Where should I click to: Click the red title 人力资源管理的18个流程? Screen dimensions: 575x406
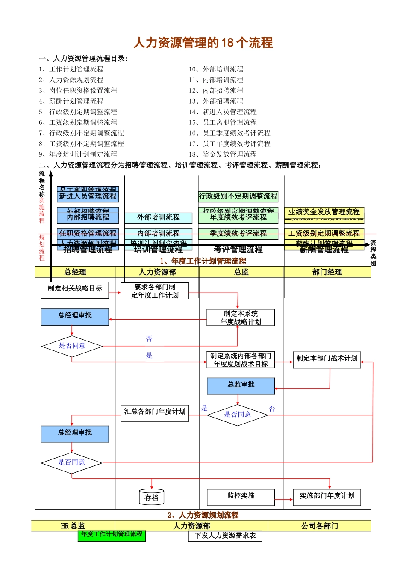pyautogui.click(x=203, y=43)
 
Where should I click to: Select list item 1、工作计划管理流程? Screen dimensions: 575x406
pyautogui.click(x=71, y=69)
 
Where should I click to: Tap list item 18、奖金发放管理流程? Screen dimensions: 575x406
pyautogui.click(x=223, y=154)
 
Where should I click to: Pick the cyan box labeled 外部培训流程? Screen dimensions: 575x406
pyautogui.click(x=158, y=218)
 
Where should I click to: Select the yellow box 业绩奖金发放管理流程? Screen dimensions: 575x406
pyautogui.click(x=324, y=212)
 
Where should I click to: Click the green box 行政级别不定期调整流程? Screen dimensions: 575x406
pyautogui.click(x=238, y=196)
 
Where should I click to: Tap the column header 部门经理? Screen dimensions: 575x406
pyautogui.click(x=327, y=272)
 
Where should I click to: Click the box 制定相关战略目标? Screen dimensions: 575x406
pyautogui.click(x=75, y=289)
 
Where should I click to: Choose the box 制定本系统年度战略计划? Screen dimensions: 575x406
pyautogui.click(x=241, y=318)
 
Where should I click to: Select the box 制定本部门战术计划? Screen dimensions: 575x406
pyautogui.click(x=327, y=359)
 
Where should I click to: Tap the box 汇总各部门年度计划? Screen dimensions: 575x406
pyautogui.click(x=155, y=412)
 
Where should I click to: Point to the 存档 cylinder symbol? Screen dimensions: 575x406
pyautogui.click(x=151, y=497)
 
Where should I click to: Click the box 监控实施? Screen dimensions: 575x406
pyautogui.click(x=241, y=497)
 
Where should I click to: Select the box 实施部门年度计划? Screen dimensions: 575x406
pyautogui.click(x=327, y=497)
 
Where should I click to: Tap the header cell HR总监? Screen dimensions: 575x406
pyautogui.click(x=73, y=526)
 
